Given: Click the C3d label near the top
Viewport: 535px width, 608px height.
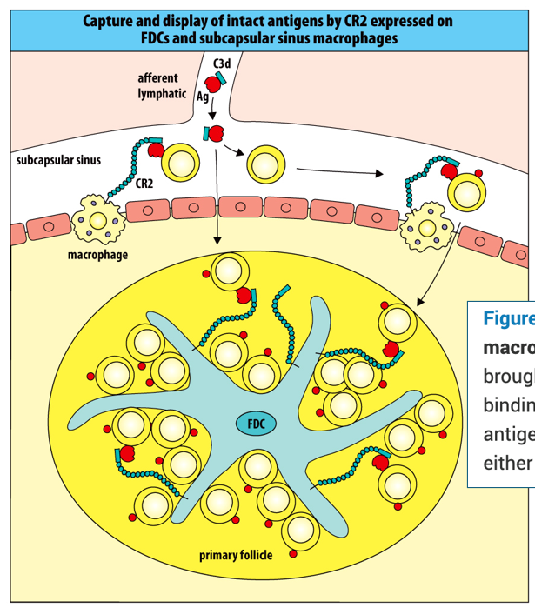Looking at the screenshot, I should tap(224, 64).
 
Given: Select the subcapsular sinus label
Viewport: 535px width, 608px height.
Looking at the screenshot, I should tap(58, 161).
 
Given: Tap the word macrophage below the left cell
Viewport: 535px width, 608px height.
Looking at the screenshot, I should tap(97, 255).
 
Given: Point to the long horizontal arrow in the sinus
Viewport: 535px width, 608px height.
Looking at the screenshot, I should tap(339, 173).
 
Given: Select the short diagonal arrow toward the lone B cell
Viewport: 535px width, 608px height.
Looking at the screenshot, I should tap(232, 150).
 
